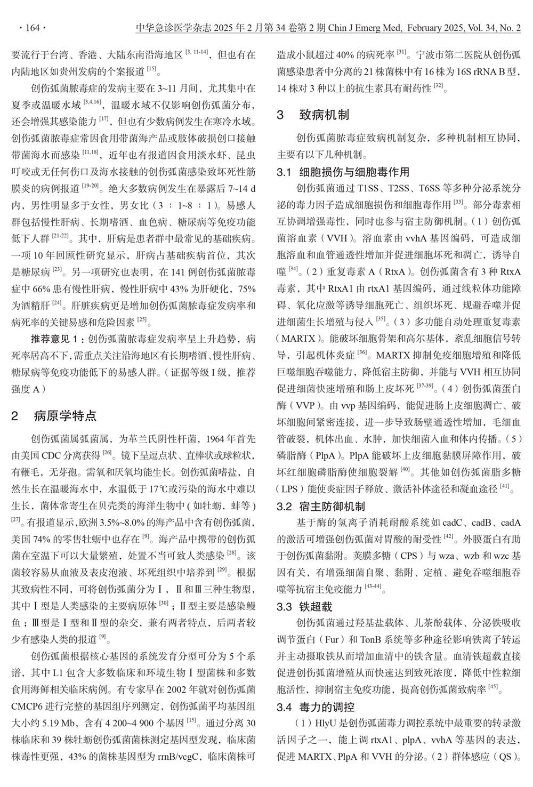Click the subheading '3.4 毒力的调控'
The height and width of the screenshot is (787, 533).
316,707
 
